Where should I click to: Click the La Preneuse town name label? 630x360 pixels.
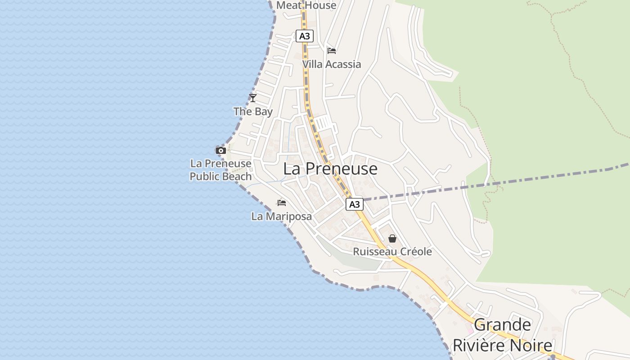[330, 169]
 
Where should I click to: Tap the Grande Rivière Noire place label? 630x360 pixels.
[502, 335]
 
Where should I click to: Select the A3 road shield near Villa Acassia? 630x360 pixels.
[305, 36]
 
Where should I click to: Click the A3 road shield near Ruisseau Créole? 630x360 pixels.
[355, 204]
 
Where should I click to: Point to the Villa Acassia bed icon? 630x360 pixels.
[332, 50]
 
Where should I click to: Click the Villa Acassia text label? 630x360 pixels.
[332, 64]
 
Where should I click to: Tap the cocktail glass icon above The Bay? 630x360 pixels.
[253, 98]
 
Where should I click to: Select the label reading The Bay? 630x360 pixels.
[253, 111]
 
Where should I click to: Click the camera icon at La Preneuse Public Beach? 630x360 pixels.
[220, 150]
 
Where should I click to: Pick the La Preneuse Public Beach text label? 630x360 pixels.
[220, 170]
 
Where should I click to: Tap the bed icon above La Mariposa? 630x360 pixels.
[282, 202]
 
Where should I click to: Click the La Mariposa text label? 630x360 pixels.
[282, 216]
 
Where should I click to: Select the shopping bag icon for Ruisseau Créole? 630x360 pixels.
[392, 238]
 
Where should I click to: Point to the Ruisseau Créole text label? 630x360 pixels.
[392, 252]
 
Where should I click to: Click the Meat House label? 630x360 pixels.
[306, 5]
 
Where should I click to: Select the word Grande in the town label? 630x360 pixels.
[503, 325]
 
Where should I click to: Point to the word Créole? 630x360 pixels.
[414, 252]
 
